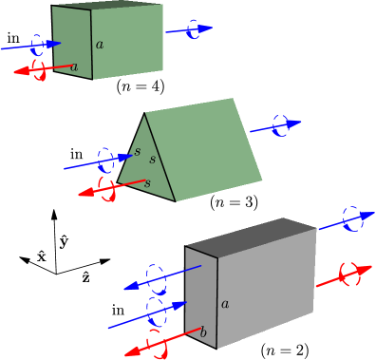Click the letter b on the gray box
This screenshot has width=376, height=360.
pyautogui.click(x=202, y=332)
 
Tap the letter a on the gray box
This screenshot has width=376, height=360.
pyautogui.click(x=225, y=304)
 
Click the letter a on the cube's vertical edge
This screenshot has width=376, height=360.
pyautogui.click(x=100, y=44)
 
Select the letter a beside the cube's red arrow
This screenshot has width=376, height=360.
pyautogui.click(x=74, y=66)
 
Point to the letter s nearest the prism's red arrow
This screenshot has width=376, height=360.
pyautogui.click(x=147, y=181)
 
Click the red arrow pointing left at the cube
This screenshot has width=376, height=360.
pyautogui.click(x=43, y=69)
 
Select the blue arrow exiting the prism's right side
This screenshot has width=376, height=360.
pyautogui.click(x=275, y=124)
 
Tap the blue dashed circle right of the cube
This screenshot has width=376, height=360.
pyautogui.click(x=195, y=29)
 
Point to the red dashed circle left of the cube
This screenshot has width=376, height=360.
pyautogui.click(x=39, y=70)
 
